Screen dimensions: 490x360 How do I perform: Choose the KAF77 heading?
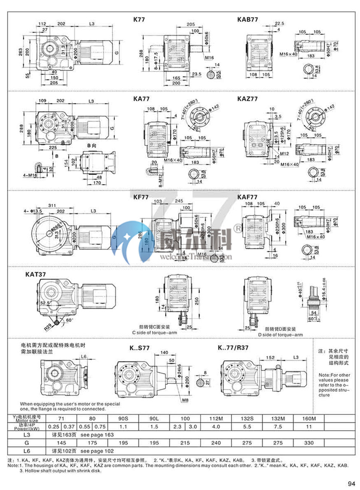click(x=247, y=198)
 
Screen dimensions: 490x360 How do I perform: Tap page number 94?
click(x=351, y=483)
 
